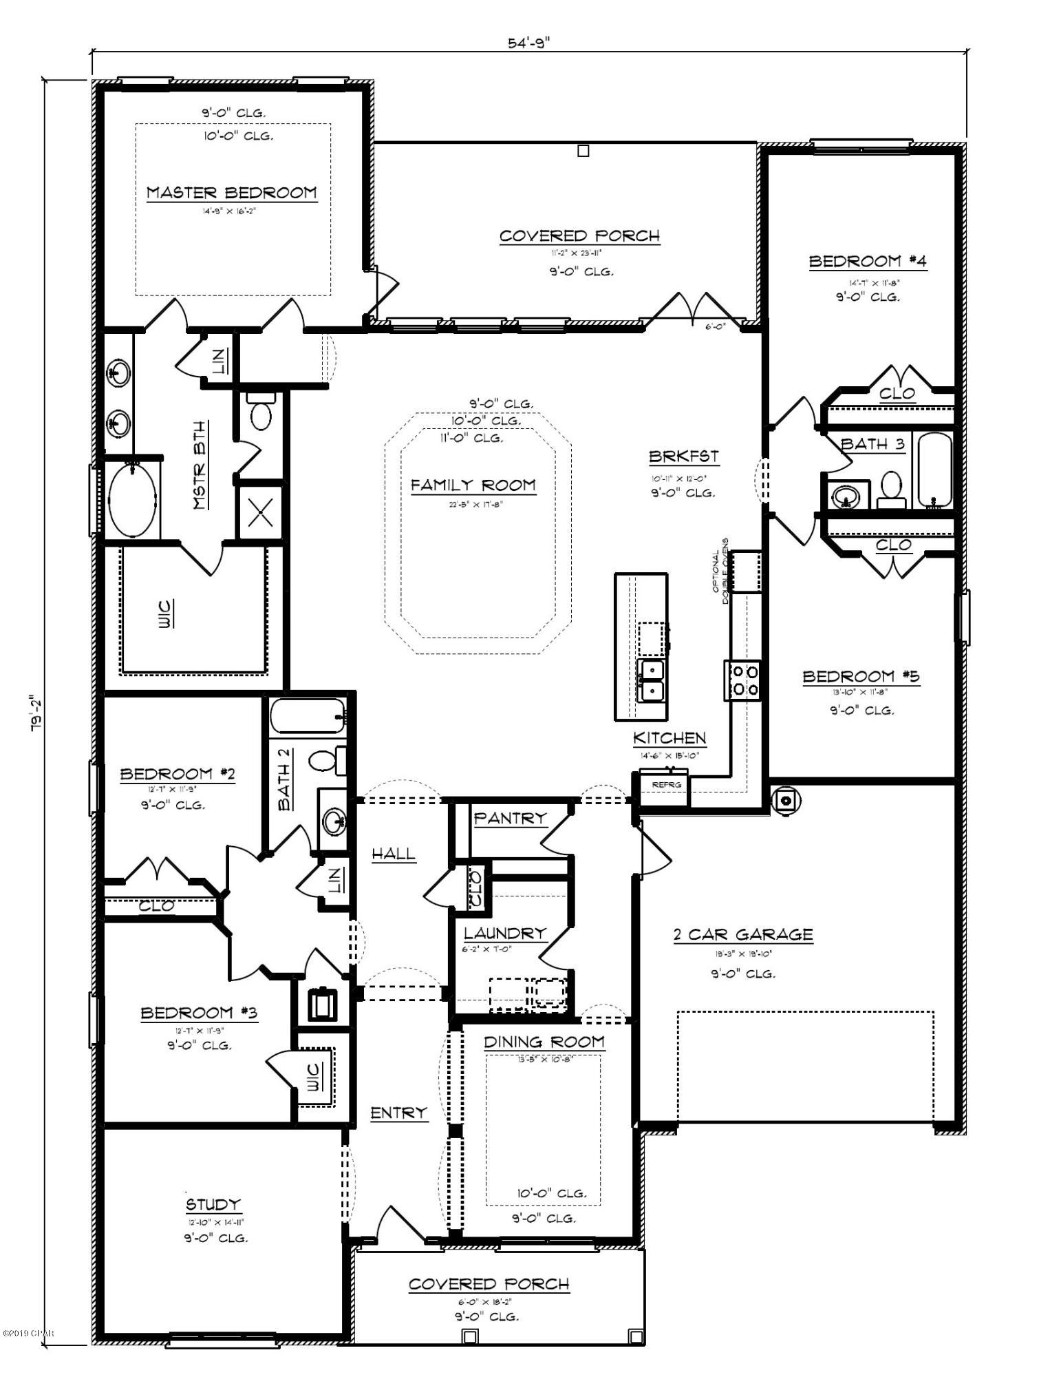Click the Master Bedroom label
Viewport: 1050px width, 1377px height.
[232, 193]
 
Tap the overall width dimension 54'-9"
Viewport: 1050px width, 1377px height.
[529, 43]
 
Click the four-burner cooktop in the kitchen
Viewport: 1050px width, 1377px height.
[742, 680]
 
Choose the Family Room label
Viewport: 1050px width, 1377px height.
[473, 485]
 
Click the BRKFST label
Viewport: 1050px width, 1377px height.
[683, 456]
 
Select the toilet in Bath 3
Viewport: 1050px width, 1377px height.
[892, 489]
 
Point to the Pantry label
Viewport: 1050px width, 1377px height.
[510, 818]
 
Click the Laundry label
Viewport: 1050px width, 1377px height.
[504, 934]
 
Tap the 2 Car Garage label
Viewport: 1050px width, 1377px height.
[742, 935]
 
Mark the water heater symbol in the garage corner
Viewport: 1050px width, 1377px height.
[785, 800]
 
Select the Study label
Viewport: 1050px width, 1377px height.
[213, 1204]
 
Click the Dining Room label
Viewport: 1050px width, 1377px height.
[544, 1042]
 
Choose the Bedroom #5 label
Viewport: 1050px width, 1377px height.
[861, 677]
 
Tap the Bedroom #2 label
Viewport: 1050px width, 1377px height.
[178, 775]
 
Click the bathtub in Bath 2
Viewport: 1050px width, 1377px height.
[307, 717]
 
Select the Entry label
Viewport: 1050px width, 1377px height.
[398, 1113]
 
